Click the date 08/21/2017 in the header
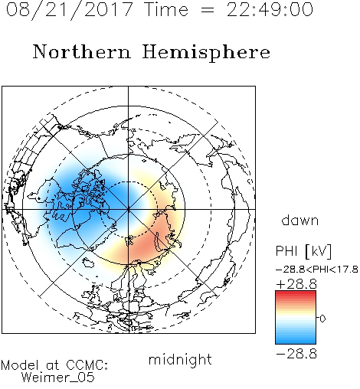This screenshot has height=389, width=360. click(x=70, y=10)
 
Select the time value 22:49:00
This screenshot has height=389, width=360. click(x=270, y=9)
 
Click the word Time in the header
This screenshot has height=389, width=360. click(x=166, y=9)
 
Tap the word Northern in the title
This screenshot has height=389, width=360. click(x=81, y=51)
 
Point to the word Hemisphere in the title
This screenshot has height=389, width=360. click(x=206, y=53)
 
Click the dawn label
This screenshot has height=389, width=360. click(x=300, y=220)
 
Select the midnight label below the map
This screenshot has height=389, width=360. click(x=180, y=359)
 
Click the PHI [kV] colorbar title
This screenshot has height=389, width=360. click(x=303, y=251)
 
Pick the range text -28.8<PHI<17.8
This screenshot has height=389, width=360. click(x=317, y=270)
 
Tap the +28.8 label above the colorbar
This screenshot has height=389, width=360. click(x=296, y=284)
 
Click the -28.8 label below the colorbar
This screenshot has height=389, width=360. click(x=296, y=354)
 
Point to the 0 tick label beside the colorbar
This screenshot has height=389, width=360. click(x=322, y=319)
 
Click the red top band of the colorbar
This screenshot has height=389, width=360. click(x=296, y=294)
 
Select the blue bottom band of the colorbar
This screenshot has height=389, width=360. click(x=296, y=341)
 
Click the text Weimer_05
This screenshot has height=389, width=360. click(x=58, y=378)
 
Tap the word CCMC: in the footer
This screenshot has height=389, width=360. click(x=87, y=365)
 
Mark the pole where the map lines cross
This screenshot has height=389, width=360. click(x=129, y=209)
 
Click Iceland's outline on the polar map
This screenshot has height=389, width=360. click(x=88, y=263)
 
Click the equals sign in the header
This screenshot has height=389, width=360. click(x=208, y=10)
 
